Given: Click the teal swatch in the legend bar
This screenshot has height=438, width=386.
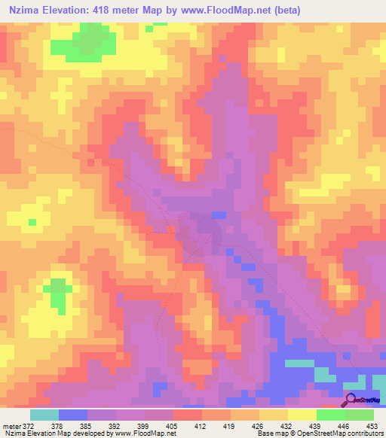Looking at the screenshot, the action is pyautogui.click(x=44, y=414).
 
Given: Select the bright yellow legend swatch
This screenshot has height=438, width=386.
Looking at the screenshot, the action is pyautogui.click(x=302, y=414).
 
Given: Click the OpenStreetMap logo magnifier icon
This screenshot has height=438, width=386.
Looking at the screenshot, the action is pyautogui.click(x=351, y=400).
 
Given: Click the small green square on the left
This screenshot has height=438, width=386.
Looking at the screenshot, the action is pyautogui.click(x=32, y=222).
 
